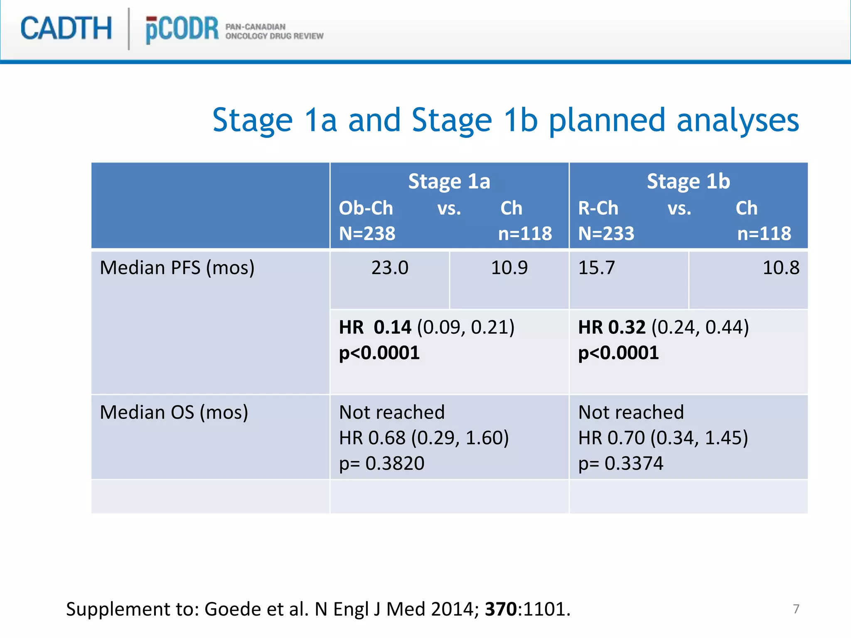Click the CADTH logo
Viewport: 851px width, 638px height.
click(66, 29)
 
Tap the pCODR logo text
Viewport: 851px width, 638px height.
click(182, 29)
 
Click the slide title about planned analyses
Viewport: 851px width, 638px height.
click(505, 120)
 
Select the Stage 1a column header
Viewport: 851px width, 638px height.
click(449, 182)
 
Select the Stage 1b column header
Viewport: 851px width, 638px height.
click(688, 182)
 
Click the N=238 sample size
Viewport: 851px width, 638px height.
click(367, 233)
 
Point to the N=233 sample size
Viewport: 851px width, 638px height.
click(606, 233)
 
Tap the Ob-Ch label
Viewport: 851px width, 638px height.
click(366, 208)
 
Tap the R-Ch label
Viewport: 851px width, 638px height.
click(598, 208)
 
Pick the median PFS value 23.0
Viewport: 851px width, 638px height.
click(390, 268)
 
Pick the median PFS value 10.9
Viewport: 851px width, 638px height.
click(509, 268)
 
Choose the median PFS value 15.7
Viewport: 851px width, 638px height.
click(596, 268)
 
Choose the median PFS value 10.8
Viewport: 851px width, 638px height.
click(781, 268)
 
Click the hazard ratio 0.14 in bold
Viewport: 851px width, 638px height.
click(392, 327)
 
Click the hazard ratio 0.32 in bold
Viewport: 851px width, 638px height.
click(627, 327)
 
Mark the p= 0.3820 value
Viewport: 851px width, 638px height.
click(381, 464)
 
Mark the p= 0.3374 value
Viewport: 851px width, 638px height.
click(621, 464)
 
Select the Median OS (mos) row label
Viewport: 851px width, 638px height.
click(174, 413)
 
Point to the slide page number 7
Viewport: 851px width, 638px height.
click(796, 609)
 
